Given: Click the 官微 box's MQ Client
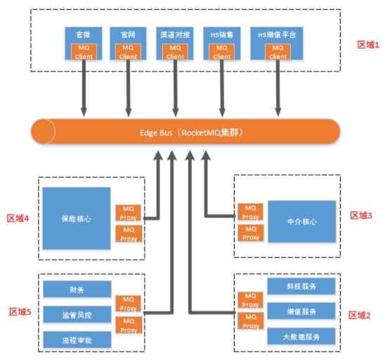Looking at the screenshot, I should point(84,51).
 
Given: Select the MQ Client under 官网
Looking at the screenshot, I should point(128,51).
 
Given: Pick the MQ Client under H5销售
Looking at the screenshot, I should point(222,51).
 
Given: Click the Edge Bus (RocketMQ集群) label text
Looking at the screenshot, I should point(187,131).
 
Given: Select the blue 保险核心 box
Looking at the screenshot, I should point(76,219).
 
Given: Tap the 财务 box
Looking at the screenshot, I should point(76,289).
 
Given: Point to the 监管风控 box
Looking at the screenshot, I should point(76,314).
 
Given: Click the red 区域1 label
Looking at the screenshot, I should point(368,44).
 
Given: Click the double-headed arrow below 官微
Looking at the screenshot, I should point(84,88).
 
